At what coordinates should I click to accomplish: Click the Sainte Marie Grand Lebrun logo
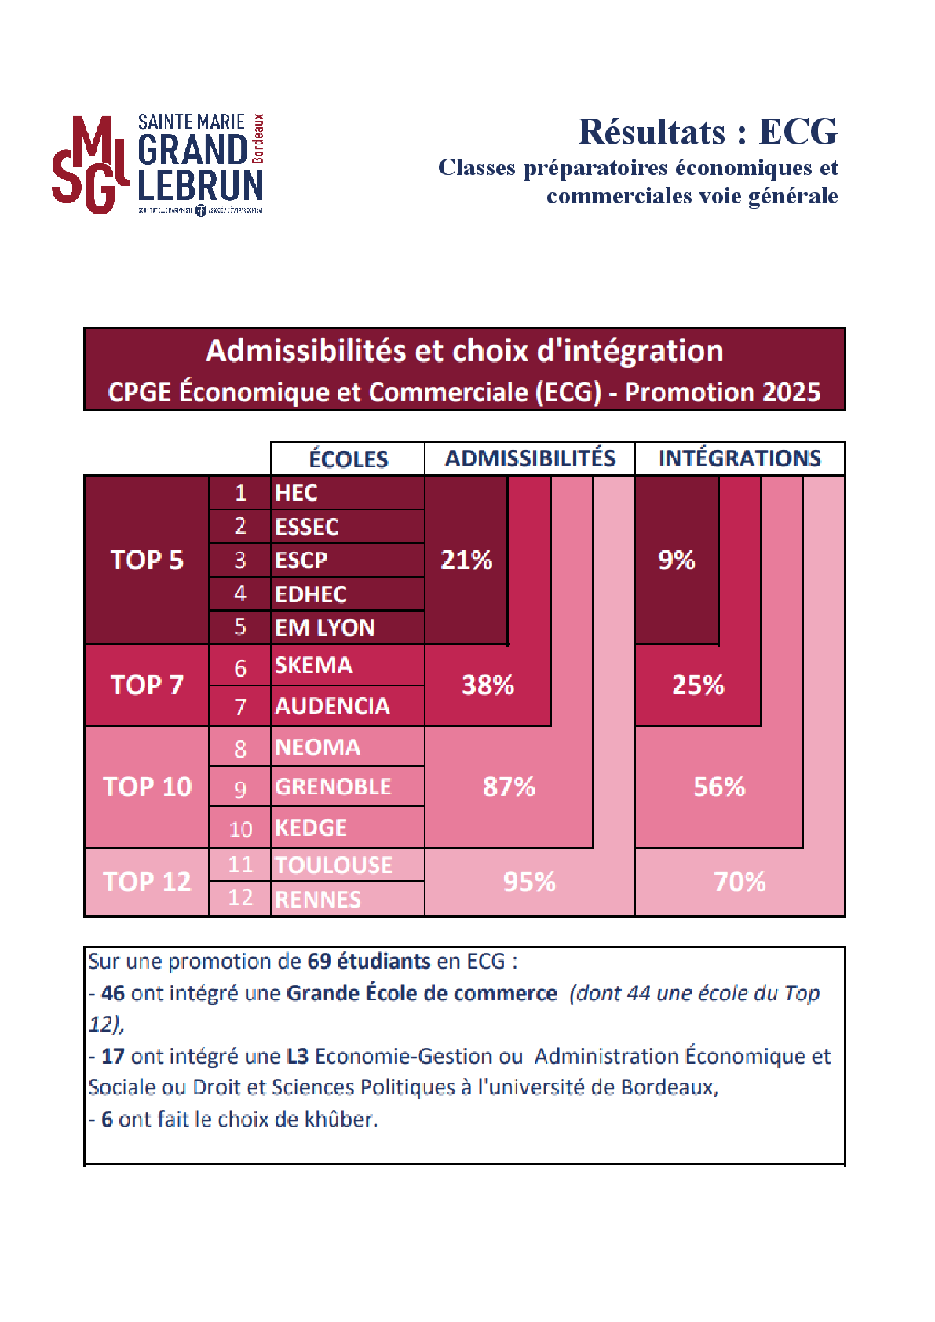pos(158,163)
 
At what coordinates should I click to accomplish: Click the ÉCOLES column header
pos(348,458)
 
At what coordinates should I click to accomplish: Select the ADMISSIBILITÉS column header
pos(530,458)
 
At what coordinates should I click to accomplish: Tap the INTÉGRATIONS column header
pos(740,458)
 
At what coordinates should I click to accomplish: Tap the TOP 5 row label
pos(147,560)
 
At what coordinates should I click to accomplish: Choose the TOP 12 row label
pos(147,882)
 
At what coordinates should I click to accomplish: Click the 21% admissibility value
pos(466,560)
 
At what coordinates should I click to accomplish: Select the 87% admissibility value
pos(509,787)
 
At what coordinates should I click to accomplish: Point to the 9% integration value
pos(676,560)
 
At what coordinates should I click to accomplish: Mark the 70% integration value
pos(740,882)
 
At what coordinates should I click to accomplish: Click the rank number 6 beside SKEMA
pos(240,668)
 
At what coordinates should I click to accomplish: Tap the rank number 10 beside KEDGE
pos(240,829)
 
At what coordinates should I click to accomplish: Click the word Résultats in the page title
pos(652,131)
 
